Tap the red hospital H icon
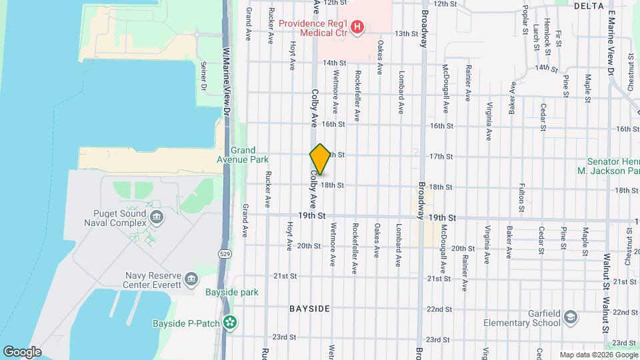pos(358,27)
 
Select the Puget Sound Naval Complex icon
pos(157,216)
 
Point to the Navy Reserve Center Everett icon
pos(191,278)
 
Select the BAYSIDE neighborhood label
pos(309,309)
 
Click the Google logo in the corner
pos(22,351)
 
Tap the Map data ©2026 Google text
pos(598,355)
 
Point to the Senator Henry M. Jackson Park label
pos(612,166)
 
